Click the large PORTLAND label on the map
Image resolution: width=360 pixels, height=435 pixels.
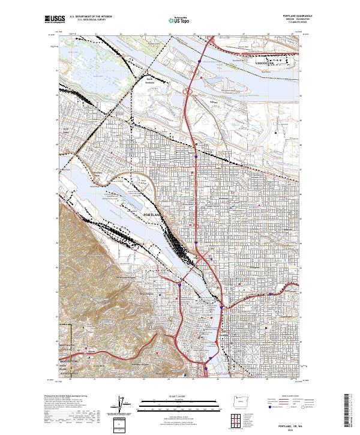(152, 214)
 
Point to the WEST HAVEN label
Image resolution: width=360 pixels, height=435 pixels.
(67, 347)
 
